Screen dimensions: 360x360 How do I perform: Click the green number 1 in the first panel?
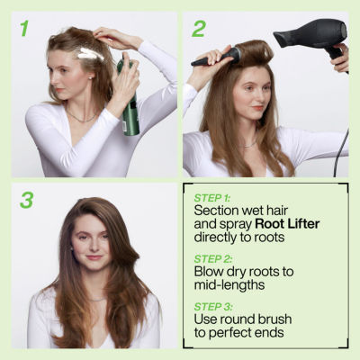[24, 28]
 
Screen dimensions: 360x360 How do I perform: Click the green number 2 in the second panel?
[198, 28]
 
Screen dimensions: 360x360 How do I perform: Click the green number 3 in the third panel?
[26, 200]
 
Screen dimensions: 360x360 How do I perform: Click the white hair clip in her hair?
[91, 55]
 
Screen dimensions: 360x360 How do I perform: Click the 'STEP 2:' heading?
[213, 255]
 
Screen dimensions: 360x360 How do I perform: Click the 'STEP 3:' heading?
[213, 306]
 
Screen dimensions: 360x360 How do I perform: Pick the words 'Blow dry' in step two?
[222, 269]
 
